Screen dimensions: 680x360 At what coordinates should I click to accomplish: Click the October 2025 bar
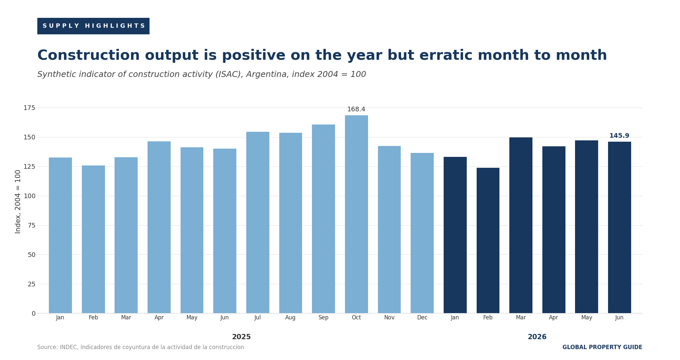(356, 214)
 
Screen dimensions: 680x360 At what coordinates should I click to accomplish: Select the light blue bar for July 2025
(257, 222)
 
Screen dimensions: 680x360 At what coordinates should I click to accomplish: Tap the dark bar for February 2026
(488, 240)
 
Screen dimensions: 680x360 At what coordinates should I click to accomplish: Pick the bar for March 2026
(521, 225)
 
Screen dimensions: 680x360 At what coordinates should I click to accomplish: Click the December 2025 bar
(422, 233)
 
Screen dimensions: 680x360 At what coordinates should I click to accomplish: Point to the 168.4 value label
(356, 109)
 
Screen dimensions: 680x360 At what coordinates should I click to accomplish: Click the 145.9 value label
(619, 136)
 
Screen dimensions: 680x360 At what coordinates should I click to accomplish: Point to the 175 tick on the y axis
(29, 108)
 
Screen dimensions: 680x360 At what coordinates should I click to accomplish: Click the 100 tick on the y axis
(29, 196)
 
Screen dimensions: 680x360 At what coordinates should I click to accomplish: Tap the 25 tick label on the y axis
(31, 284)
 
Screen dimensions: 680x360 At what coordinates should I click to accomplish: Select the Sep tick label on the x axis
(323, 318)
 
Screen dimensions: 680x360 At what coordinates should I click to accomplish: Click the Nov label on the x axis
(389, 318)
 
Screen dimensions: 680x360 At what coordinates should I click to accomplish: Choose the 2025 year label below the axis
(241, 337)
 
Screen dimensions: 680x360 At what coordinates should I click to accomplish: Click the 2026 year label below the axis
(537, 337)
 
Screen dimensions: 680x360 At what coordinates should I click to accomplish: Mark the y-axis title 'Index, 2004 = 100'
(18, 201)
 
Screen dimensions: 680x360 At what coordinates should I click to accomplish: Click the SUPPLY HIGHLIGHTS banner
(93, 26)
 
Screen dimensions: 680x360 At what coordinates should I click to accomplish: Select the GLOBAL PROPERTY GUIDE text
(602, 347)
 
